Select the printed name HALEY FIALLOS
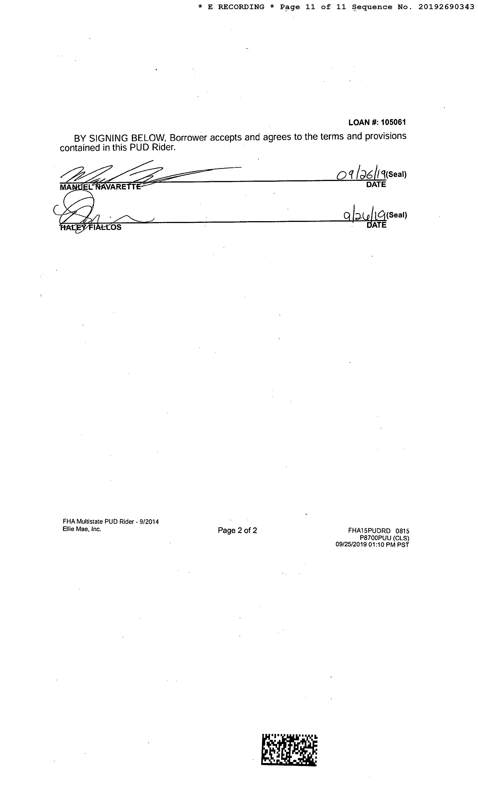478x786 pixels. (x=91, y=228)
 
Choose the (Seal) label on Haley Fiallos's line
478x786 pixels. (x=397, y=215)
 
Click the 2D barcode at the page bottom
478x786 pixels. (x=289, y=749)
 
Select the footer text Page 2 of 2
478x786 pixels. (x=237, y=530)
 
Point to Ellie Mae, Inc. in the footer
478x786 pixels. (x=82, y=529)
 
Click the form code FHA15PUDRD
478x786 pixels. (x=369, y=531)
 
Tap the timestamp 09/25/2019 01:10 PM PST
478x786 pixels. (x=372, y=545)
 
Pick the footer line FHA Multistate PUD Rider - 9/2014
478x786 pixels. (x=111, y=522)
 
